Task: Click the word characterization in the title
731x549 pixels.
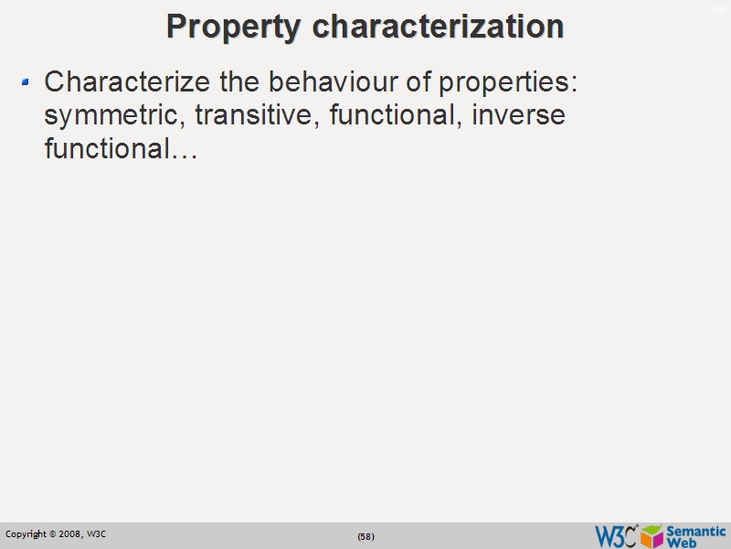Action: pyautogui.click(x=438, y=27)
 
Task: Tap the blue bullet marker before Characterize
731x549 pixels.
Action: pyautogui.click(x=26, y=82)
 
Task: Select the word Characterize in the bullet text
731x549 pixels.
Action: pyautogui.click(x=127, y=82)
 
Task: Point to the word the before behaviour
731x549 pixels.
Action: pyautogui.click(x=240, y=82)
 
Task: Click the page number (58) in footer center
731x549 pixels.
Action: pyautogui.click(x=365, y=536)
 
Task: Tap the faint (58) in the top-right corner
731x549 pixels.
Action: pyautogui.click(x=718, y=9)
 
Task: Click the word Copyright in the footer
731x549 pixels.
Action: pyautogui.click(x=25, y=534)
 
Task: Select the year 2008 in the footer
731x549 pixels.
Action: pyautogui.click(x=69, y=534)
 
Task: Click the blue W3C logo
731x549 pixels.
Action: pyautogui.click(x=615, y=536)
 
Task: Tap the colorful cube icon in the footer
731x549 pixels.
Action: pyautogui.click(x=652, y=536)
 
